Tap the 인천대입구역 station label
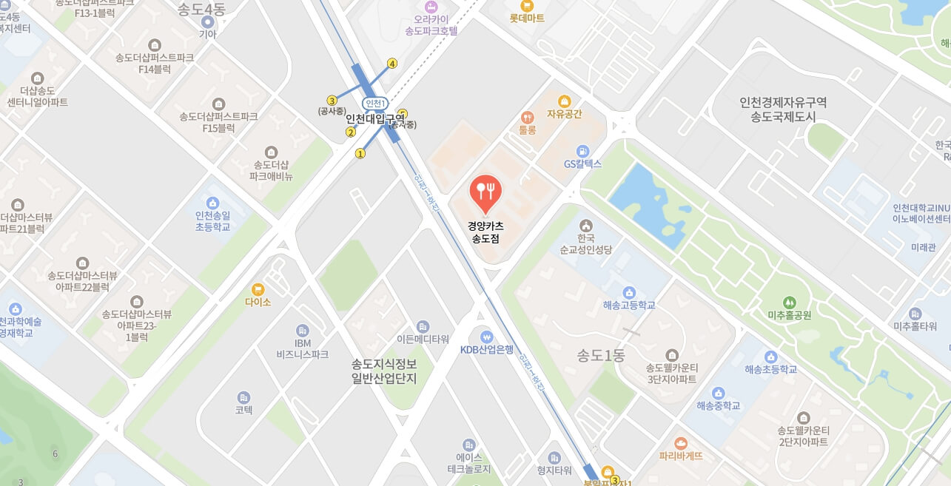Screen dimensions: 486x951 [x=375, y=118]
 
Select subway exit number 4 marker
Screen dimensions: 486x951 [x=392, y=64]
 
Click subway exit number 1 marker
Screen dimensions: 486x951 [x=360, y=154]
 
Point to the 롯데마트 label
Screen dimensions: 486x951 [x=527, y=18]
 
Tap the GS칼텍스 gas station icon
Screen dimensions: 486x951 [x=583, y=151]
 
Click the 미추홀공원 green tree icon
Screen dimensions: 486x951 [x=790, y=302]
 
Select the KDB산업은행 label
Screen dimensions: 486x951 [x=486, y=350]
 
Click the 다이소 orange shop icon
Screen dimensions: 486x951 [x=258, y=289]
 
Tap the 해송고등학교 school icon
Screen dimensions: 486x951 [x=629, y=292]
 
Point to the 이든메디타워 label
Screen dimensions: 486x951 [x=423, y=340]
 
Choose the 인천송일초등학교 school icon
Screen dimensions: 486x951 [x=213, y=203]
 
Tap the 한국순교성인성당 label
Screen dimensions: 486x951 [x=586, y=244]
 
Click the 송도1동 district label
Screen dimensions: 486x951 [x=601, y=356]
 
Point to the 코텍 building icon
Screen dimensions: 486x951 [x=244, y=397]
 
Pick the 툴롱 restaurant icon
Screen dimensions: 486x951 [x=527, y=117]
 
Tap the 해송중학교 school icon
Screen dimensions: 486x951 [x=718, y=393]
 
